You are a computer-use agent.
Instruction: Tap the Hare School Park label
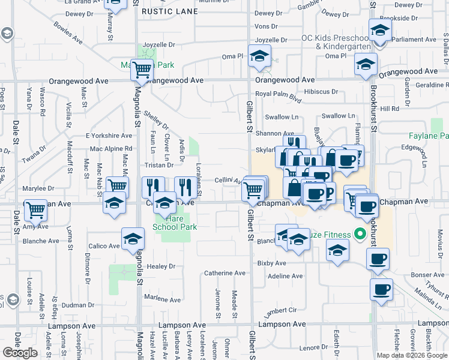[170, 223]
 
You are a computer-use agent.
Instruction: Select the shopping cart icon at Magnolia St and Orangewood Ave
[142, 70]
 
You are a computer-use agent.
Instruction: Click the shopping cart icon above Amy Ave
[36, 209]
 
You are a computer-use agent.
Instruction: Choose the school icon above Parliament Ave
[380, 29]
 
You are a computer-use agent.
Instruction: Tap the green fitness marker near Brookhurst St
[360, 233]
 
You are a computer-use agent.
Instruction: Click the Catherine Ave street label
[225, 273]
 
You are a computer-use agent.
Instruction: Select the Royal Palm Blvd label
[277, 95]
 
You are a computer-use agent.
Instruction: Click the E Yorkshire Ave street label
[109, 136]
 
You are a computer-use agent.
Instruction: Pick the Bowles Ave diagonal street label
[68, 34]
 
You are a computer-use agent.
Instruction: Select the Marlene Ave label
[162, 299]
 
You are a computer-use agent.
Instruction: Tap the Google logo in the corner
[20, 353]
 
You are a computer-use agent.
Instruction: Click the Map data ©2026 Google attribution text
[412, 355]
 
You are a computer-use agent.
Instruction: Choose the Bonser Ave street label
[424, 275]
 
